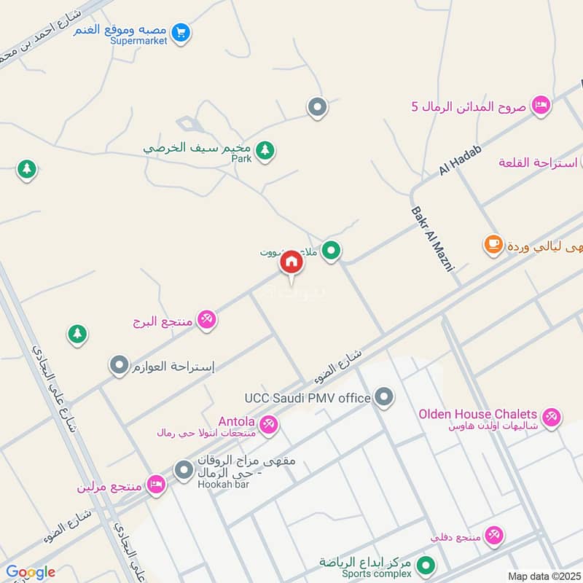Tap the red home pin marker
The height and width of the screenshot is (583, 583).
coord(291,262)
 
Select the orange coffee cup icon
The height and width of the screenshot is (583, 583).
coord(493,244)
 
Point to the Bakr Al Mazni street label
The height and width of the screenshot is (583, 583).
coord(432,238)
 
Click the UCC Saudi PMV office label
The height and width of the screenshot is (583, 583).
coord(308,398)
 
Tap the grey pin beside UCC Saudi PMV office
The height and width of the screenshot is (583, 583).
coord(384,397)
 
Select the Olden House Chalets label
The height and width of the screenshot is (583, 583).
coord(477,414)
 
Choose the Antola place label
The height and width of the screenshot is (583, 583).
coord(236,421)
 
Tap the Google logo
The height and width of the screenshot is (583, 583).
coord(31,572)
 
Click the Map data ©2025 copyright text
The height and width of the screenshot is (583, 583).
coord(543,576)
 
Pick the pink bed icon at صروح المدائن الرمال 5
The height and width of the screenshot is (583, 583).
coord(540,106)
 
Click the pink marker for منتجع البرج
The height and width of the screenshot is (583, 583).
coord(207,320)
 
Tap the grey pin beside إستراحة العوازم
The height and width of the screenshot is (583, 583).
coord(118,365)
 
